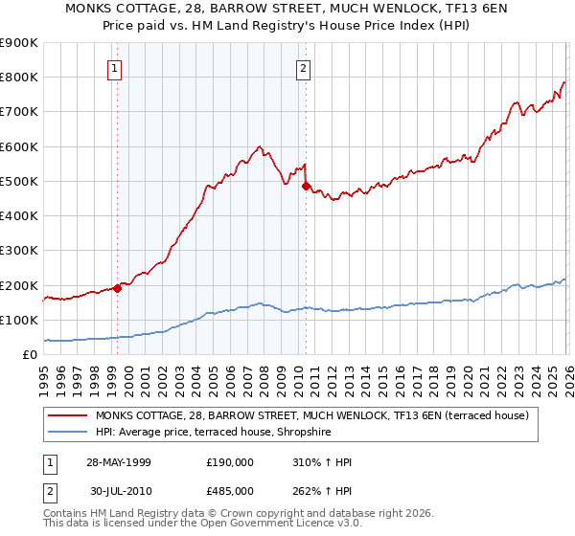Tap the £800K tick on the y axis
[19, 78]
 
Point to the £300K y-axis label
[19, 251]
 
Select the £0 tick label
[28, 354]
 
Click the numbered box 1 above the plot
[115, 68]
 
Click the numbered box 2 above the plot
[303, 68]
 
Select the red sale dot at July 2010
[306, 187]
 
